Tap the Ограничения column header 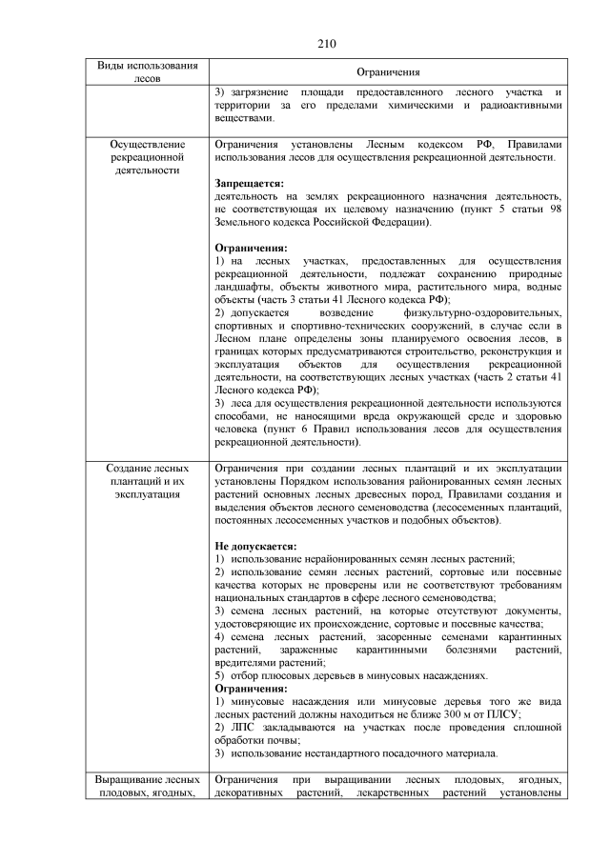387,72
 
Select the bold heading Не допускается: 255,546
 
